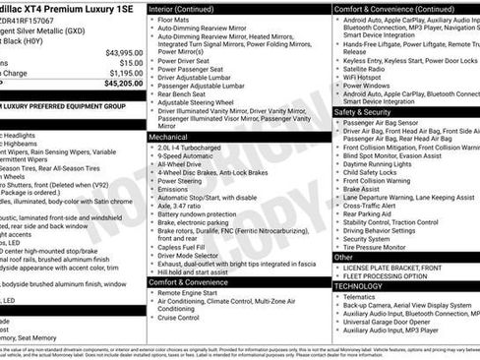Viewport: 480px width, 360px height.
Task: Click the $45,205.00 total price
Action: click(124, 83)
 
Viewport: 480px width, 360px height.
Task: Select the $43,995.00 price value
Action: click(124, 52)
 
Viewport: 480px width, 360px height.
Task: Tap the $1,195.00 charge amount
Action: click(125, 73)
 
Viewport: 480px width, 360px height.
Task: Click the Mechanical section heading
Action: click(169, 138)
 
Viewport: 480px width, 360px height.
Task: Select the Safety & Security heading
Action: click(368, 112)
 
